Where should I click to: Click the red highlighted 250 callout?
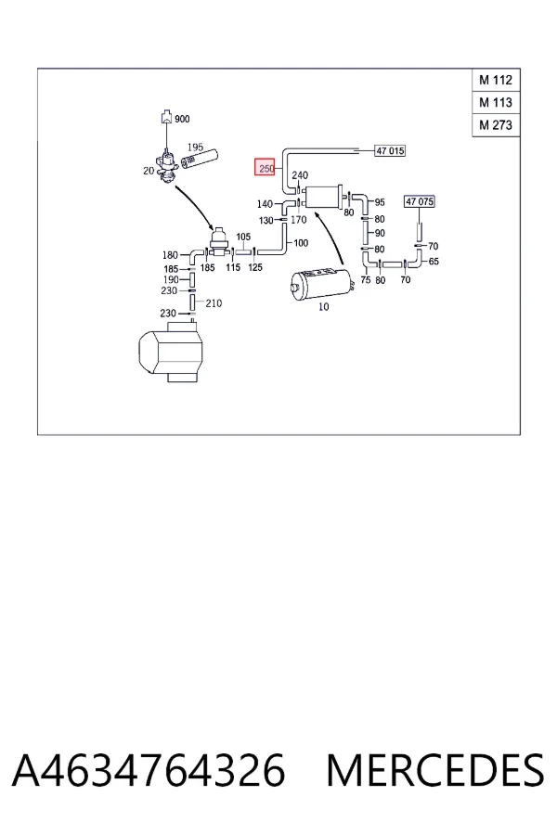pyautogui.click(x=265, y=168)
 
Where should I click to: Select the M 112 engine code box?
pyautogui.click(x=496, y=81)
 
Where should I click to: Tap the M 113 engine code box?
pyautogui.click(x=496, y=103)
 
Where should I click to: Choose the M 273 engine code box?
pyautogui.click(x=496, y=125)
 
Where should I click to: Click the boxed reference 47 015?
pyautogui.click(x=390, y=150)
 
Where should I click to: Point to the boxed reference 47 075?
pyautogui.click(x=420, y=201)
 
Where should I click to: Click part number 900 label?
pyautogui.click(x=182, y=119)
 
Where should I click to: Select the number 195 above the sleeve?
pyautogui.click(x=195, y=147)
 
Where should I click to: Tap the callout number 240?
pyautogui.click(x=300, y=174)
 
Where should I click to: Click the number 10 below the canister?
pyautogui.click(x=324, y=307)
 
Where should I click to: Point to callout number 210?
pyautogui.click(x=214, y=303)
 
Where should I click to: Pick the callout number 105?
pyautogui.click(x=243, y=237)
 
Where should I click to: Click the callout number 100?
pyautogui.click(x=301, y=243)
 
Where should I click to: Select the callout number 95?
pyautogui.click(x=380, y=202)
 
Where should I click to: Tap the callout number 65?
pyautogui.click(x=434, y=262)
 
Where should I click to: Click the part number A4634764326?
pyautogui.click(x=149, y=770)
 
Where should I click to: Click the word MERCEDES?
pyautogui.click(x=435, y=770)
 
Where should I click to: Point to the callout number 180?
pyautogui.click(x=170, y=255)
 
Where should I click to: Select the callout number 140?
pyautogui.click(x=265, y=204)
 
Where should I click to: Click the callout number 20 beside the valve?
pyautogui.click(x=149, y=171)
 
